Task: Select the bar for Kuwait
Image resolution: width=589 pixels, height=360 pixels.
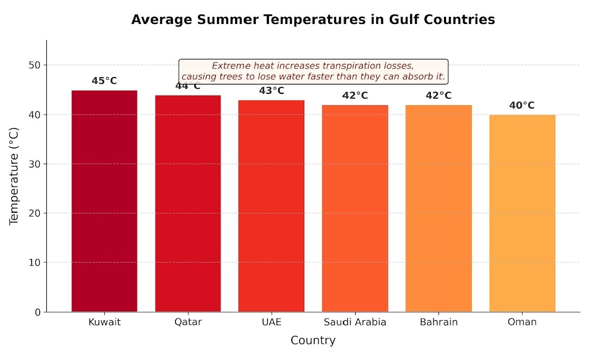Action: pyautogui.click(x=104, y=201)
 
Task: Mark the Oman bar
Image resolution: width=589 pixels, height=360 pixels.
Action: pyautogui.click(x=522, y=213)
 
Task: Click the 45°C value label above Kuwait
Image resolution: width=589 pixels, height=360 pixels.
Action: pyautogui.click(x=104, y=81)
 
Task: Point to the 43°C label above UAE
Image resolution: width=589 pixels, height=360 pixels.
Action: pyautogui.click(x=271, y=91)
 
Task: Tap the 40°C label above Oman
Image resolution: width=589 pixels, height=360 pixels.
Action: pyautogui.click(x=522, y=106)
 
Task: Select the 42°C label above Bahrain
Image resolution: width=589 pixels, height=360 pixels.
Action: pyautogui.click(x=438, y=96)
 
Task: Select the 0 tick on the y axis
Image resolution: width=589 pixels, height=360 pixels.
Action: pyautogui.click(x=37, y=312)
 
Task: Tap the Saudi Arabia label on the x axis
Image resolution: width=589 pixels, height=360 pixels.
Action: pyautogui.click(x=354, y=322)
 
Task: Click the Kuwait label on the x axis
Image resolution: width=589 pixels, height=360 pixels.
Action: pyautogui.click(x=104, y=322)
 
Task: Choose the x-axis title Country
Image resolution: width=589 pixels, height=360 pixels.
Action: pyautogui.click(x=313, y=341)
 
